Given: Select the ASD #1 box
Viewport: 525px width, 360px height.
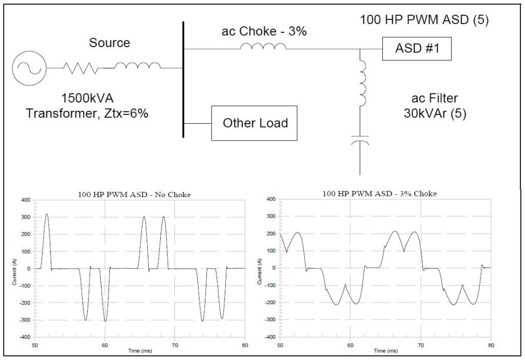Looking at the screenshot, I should click(416, 50).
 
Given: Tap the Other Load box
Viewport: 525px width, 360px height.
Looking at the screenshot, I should click(255, 123).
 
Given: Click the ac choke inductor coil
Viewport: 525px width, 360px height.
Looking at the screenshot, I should click(263, 47).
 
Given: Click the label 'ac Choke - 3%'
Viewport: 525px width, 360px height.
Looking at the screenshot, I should click(264, 31).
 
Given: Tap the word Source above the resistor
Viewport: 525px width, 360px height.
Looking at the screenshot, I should click(109, 43).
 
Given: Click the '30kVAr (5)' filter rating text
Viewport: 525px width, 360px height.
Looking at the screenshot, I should click(435, 113).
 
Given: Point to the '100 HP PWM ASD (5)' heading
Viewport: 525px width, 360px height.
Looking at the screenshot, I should click(424, 20).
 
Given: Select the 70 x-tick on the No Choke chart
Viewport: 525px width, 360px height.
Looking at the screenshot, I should click(175, 345).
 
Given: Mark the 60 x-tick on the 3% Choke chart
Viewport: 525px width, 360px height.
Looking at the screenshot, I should click(351, 345).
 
